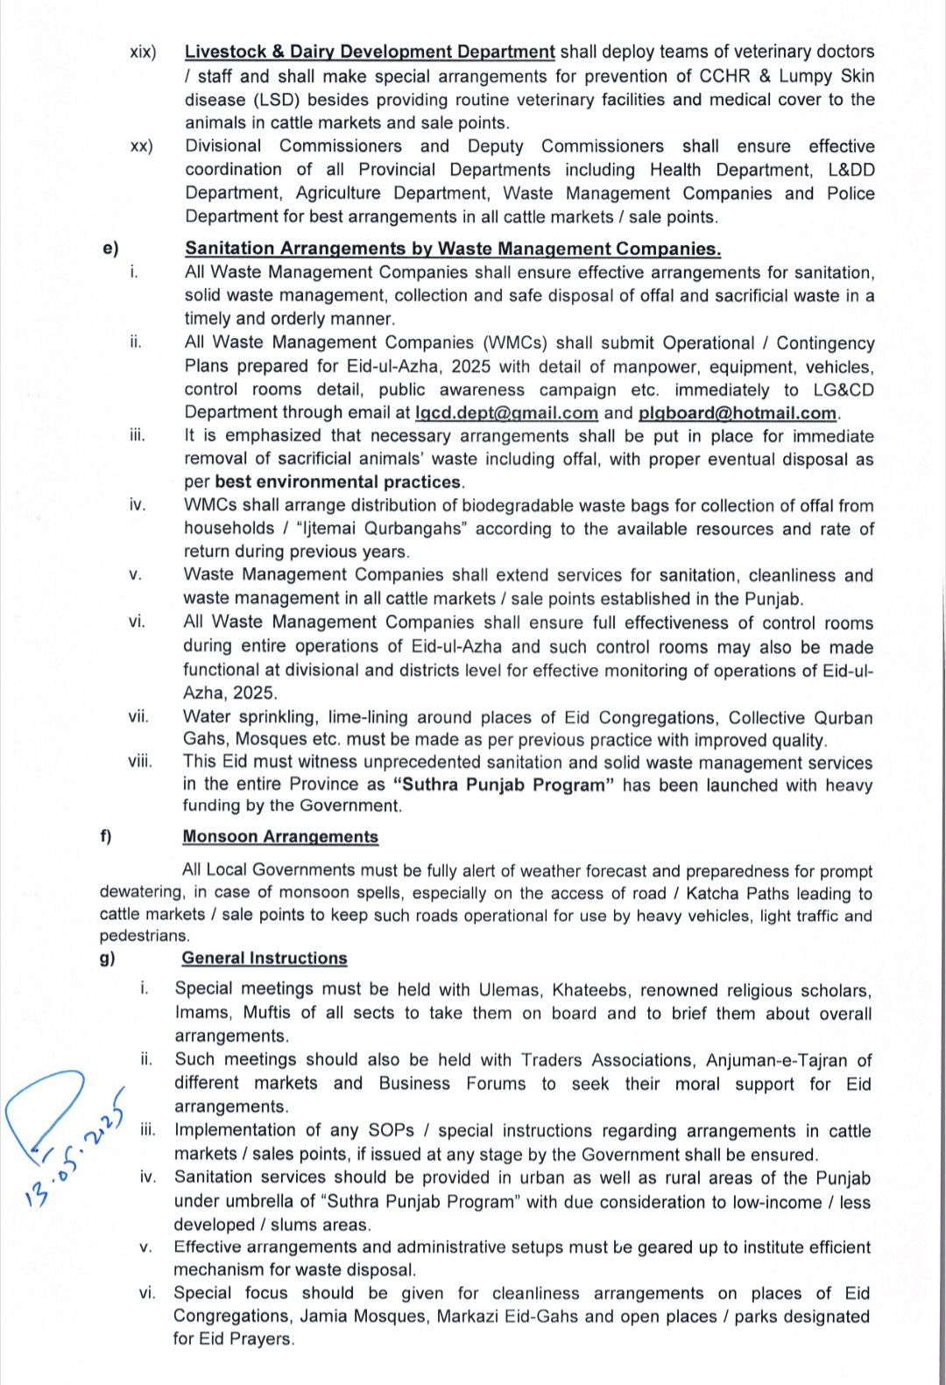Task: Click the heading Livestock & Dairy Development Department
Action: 369,53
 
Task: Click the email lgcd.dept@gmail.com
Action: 506,413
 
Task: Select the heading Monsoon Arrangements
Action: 280,837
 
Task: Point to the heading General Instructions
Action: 265,959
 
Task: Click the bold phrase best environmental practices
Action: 338,482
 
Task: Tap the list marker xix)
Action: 143,53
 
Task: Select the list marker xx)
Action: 141,147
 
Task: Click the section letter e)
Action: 110,249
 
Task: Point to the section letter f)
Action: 106,837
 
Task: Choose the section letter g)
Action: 107,959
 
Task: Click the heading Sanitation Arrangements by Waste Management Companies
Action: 452,249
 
